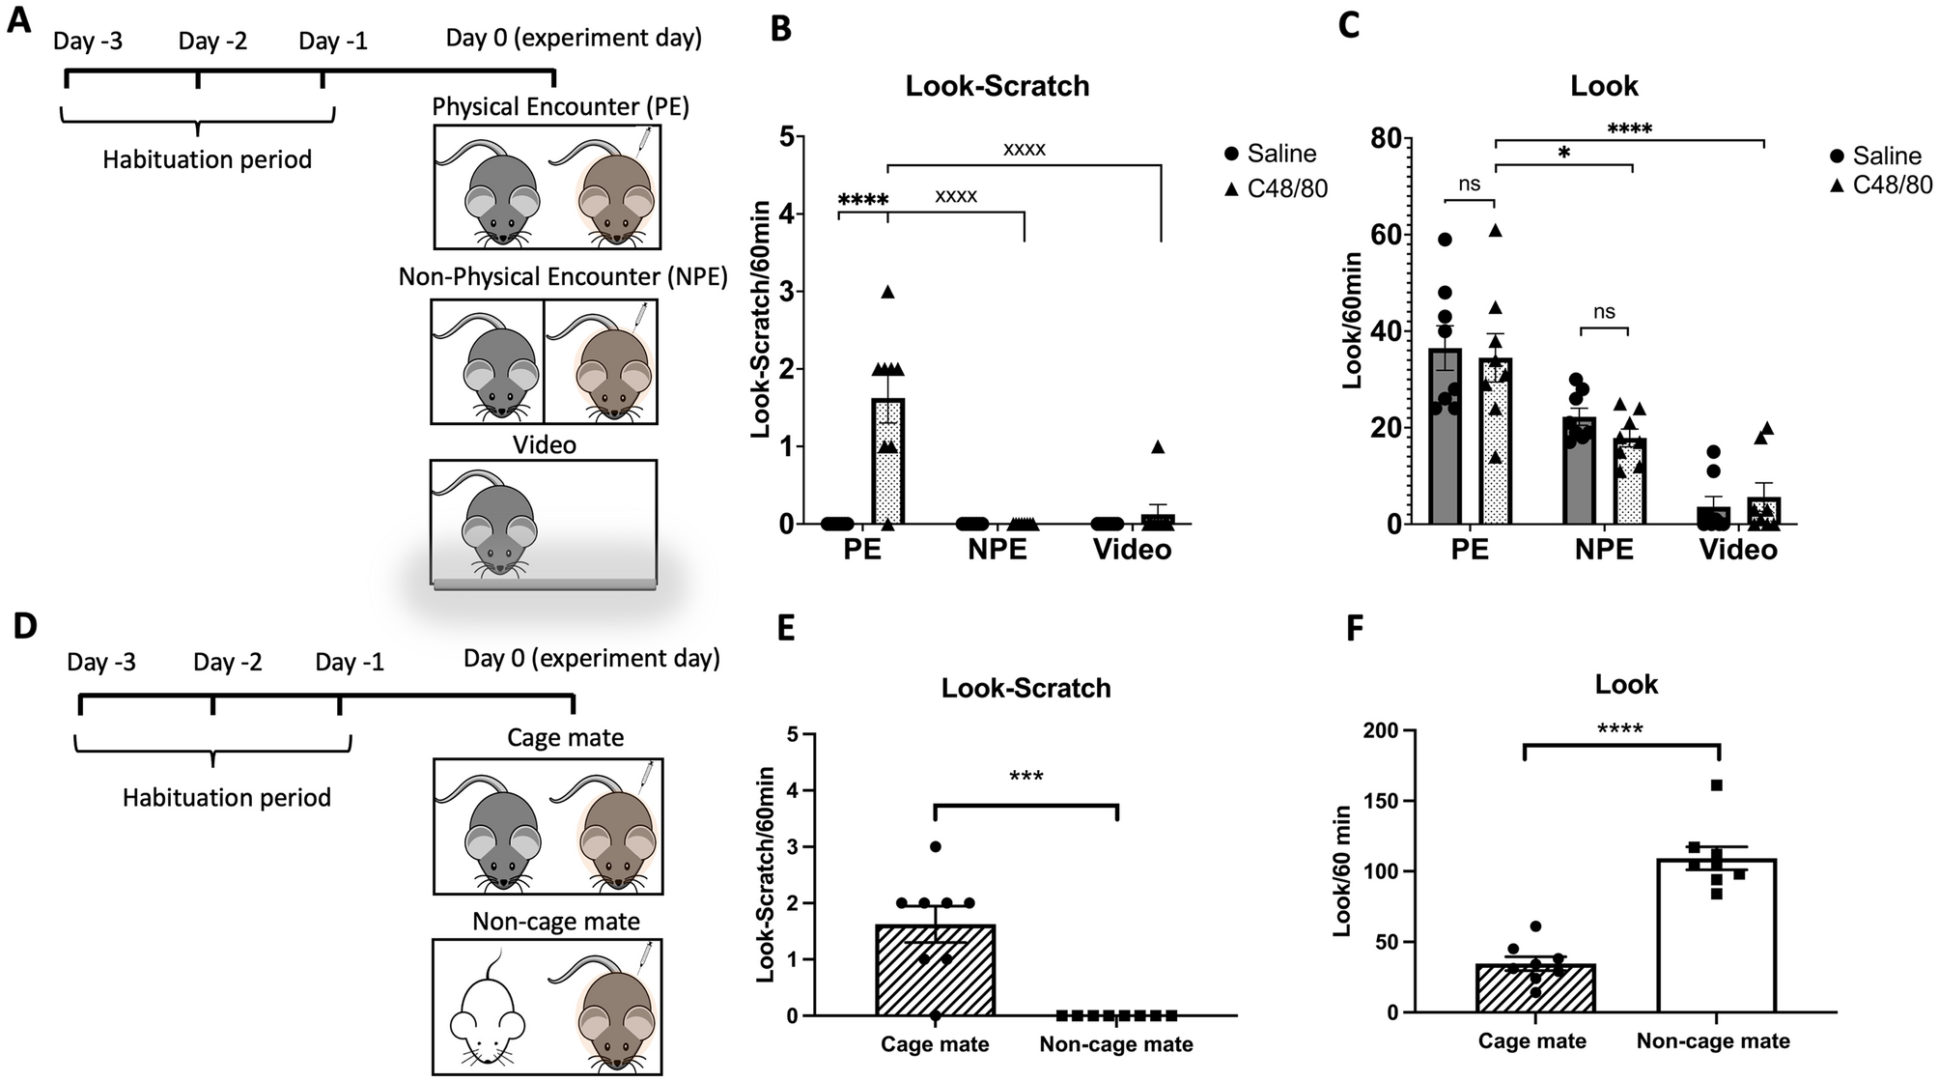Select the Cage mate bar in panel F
[1527, 987]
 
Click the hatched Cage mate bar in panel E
[935, 970]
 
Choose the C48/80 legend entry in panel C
[1880, 185]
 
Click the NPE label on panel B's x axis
[992, 550]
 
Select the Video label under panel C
[1738, 550]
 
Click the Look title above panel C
[1604, 86]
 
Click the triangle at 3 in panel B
[887, 292]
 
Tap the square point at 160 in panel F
[1716, 785]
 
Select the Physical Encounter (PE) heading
[560, 106]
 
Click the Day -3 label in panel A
[88, 42]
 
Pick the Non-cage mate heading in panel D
[556, 922]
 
